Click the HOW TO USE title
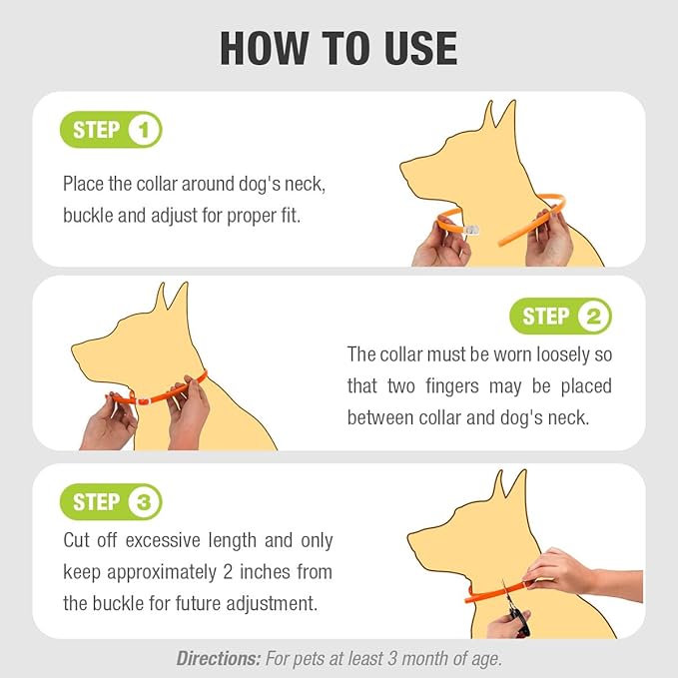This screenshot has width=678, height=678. pos(339,47)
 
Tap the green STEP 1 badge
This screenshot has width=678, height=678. pos(111,130)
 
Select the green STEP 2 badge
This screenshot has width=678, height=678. pos(560,318)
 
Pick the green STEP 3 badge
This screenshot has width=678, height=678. pos(111,502)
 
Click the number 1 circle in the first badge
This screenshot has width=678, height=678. pos(144,130)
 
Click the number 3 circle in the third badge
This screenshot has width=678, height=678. pos(144,502)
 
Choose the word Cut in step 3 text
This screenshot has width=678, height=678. pos(78,540)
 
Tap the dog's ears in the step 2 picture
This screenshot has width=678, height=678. pos(170,298)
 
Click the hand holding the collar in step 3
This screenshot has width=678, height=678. pos(559,573)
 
